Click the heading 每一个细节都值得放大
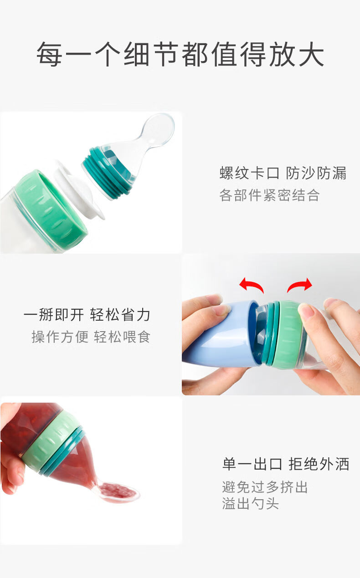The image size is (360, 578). pyautogui.click(x=180, y=54)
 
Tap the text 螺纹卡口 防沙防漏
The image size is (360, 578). pyautogui.click(x=283, y=173)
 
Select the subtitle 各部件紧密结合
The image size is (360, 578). pyautogui.click(x=270, y=195)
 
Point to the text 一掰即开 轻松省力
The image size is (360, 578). pyautogui.click(x=87, y=315)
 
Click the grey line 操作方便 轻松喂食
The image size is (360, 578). pyautogui.click(x=91, y=337)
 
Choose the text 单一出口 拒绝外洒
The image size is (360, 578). pyautogui.click(x=286, y=464)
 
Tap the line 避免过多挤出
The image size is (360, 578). pyautogui.click(x=265, y=487)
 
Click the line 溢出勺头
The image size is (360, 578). pyautogui.click(x=251, y=503)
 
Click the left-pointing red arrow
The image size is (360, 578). pyautogui.click(x=251, y=285)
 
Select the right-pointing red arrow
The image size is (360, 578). pyautogui.click(x=299, y=285)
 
